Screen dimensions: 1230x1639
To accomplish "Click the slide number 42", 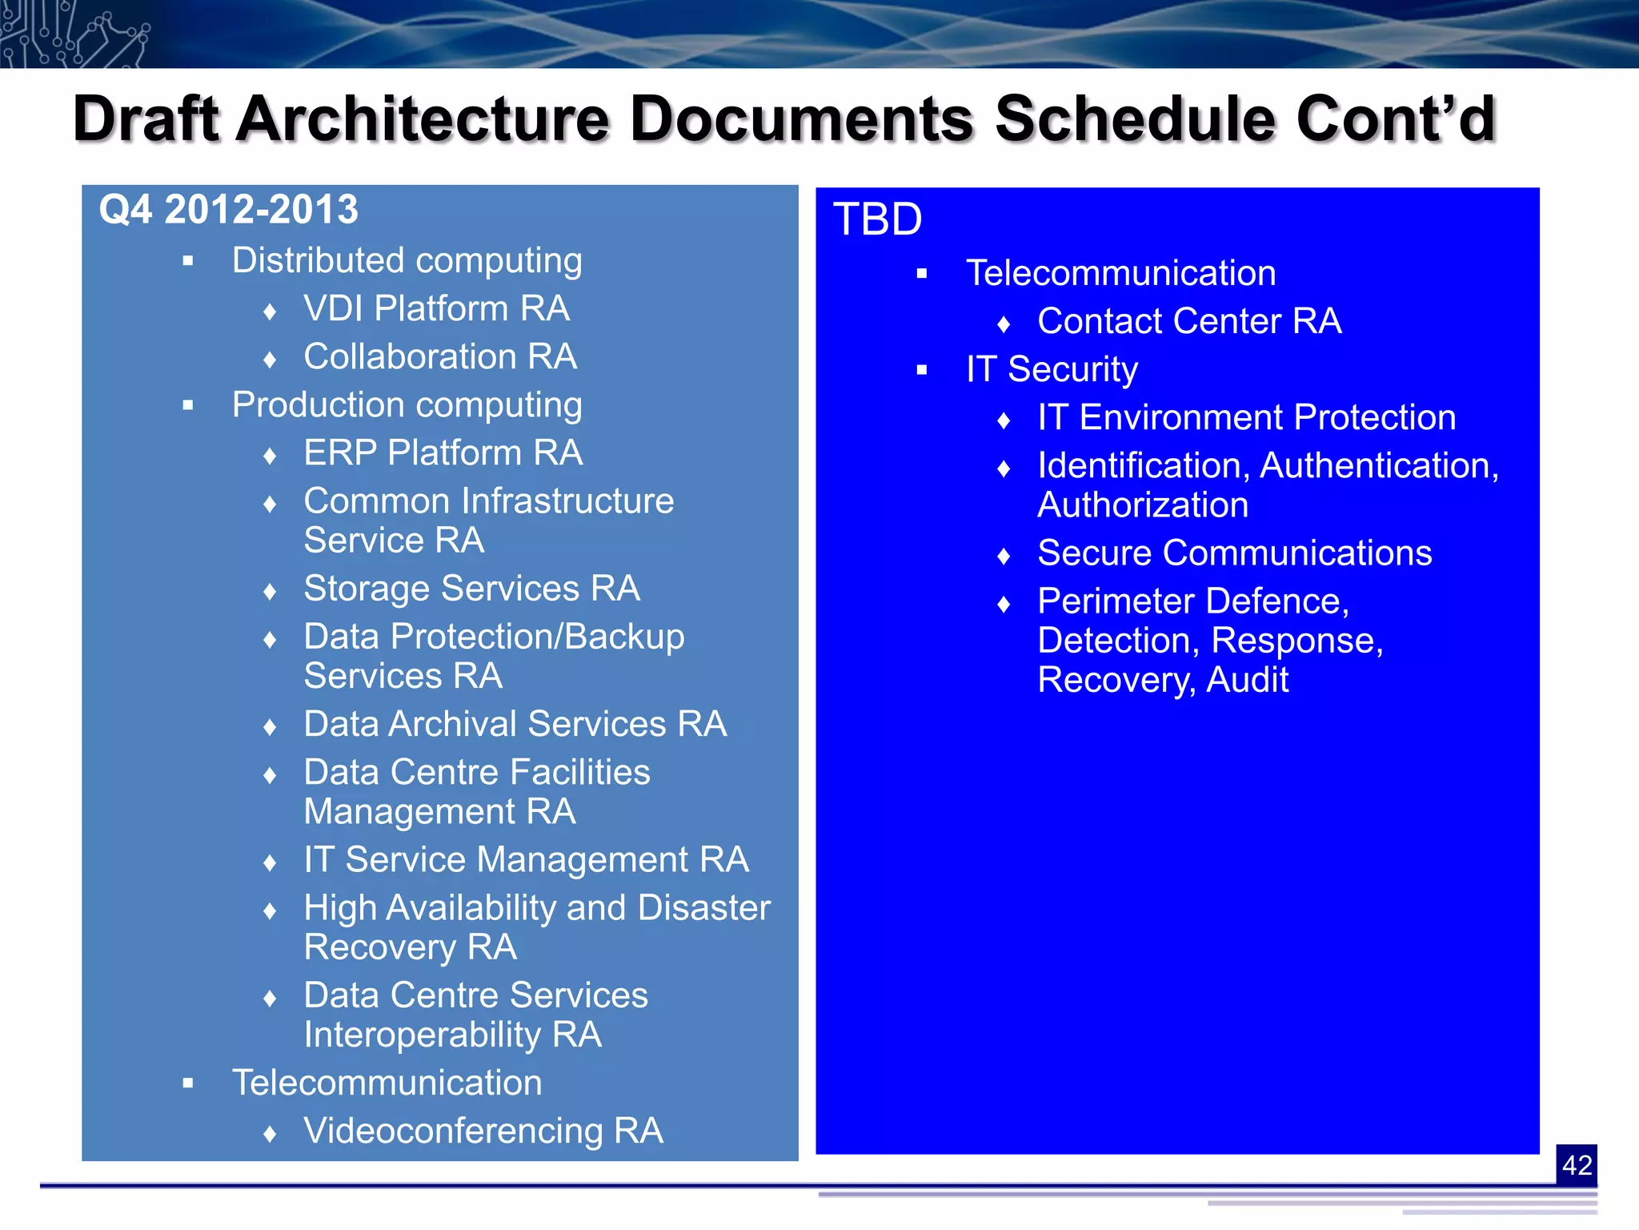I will pos(1576,1165).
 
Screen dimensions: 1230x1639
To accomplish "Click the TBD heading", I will pos(877,219).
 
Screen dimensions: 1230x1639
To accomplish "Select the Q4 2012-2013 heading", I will pos(228,210).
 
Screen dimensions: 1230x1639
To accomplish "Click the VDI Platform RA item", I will pos(436,309).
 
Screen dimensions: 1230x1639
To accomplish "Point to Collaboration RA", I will pos(439,357).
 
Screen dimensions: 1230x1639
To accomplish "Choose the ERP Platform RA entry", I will pos(443,453).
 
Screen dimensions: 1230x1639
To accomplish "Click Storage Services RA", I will pos(471,589).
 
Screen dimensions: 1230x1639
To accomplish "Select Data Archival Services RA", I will pos(515,724).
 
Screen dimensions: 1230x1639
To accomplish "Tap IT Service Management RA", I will pos(526,860).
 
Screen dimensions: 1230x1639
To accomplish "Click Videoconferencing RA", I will pos(483,1132).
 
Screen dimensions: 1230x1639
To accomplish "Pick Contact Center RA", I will pos(1188,322).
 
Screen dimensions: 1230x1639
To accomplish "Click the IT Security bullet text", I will pos(1051,370).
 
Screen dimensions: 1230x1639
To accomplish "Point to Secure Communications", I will pos(1234,553).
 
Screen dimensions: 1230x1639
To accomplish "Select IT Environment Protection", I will pos(1246,418).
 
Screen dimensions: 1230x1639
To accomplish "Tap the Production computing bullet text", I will pos(407,405).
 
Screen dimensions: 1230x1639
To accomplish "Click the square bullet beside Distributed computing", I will pos(188,261).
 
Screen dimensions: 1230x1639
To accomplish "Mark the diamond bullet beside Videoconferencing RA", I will pos(270,1133).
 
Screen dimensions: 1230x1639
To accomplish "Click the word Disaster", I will pos(703,908).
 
